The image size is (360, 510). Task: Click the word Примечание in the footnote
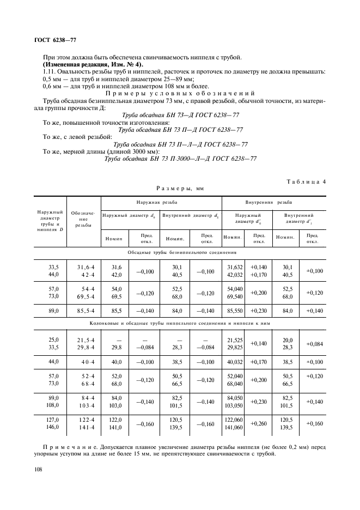[x=65, y=446]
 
